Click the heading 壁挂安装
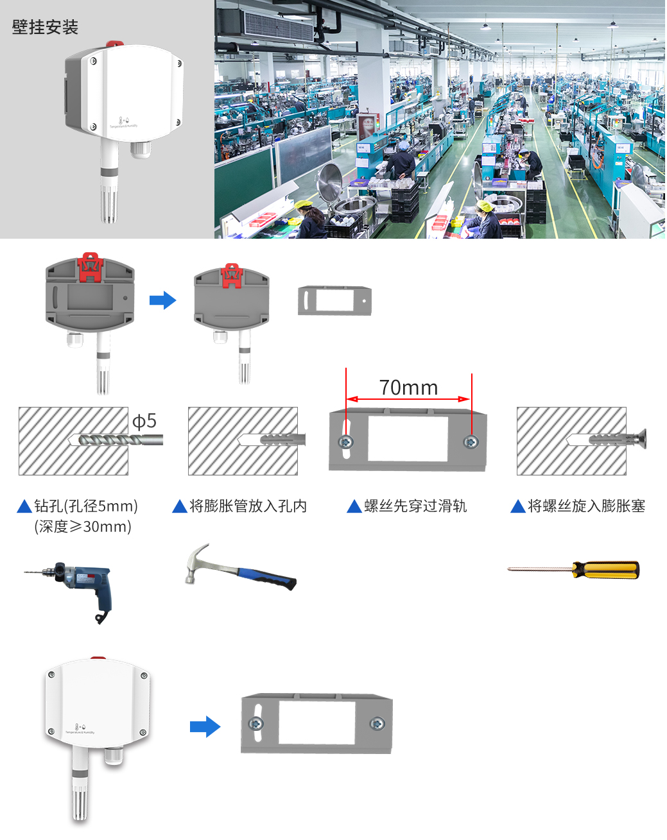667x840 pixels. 45,27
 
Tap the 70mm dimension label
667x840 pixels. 408,388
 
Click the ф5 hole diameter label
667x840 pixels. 144,421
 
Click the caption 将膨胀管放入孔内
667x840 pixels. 248,506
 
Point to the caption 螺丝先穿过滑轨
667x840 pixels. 415,506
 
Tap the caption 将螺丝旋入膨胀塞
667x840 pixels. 586,506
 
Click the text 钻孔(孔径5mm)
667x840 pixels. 86,506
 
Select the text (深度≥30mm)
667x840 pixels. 83,527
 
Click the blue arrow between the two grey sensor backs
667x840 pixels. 162,300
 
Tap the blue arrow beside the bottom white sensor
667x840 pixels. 205,727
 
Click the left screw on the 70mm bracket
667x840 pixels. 346,441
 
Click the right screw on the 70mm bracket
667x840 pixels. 471,441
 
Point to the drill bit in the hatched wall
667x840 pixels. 116,440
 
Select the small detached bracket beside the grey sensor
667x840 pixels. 334,300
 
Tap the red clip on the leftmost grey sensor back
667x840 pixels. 90,267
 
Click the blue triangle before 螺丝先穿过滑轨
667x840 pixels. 354,507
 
